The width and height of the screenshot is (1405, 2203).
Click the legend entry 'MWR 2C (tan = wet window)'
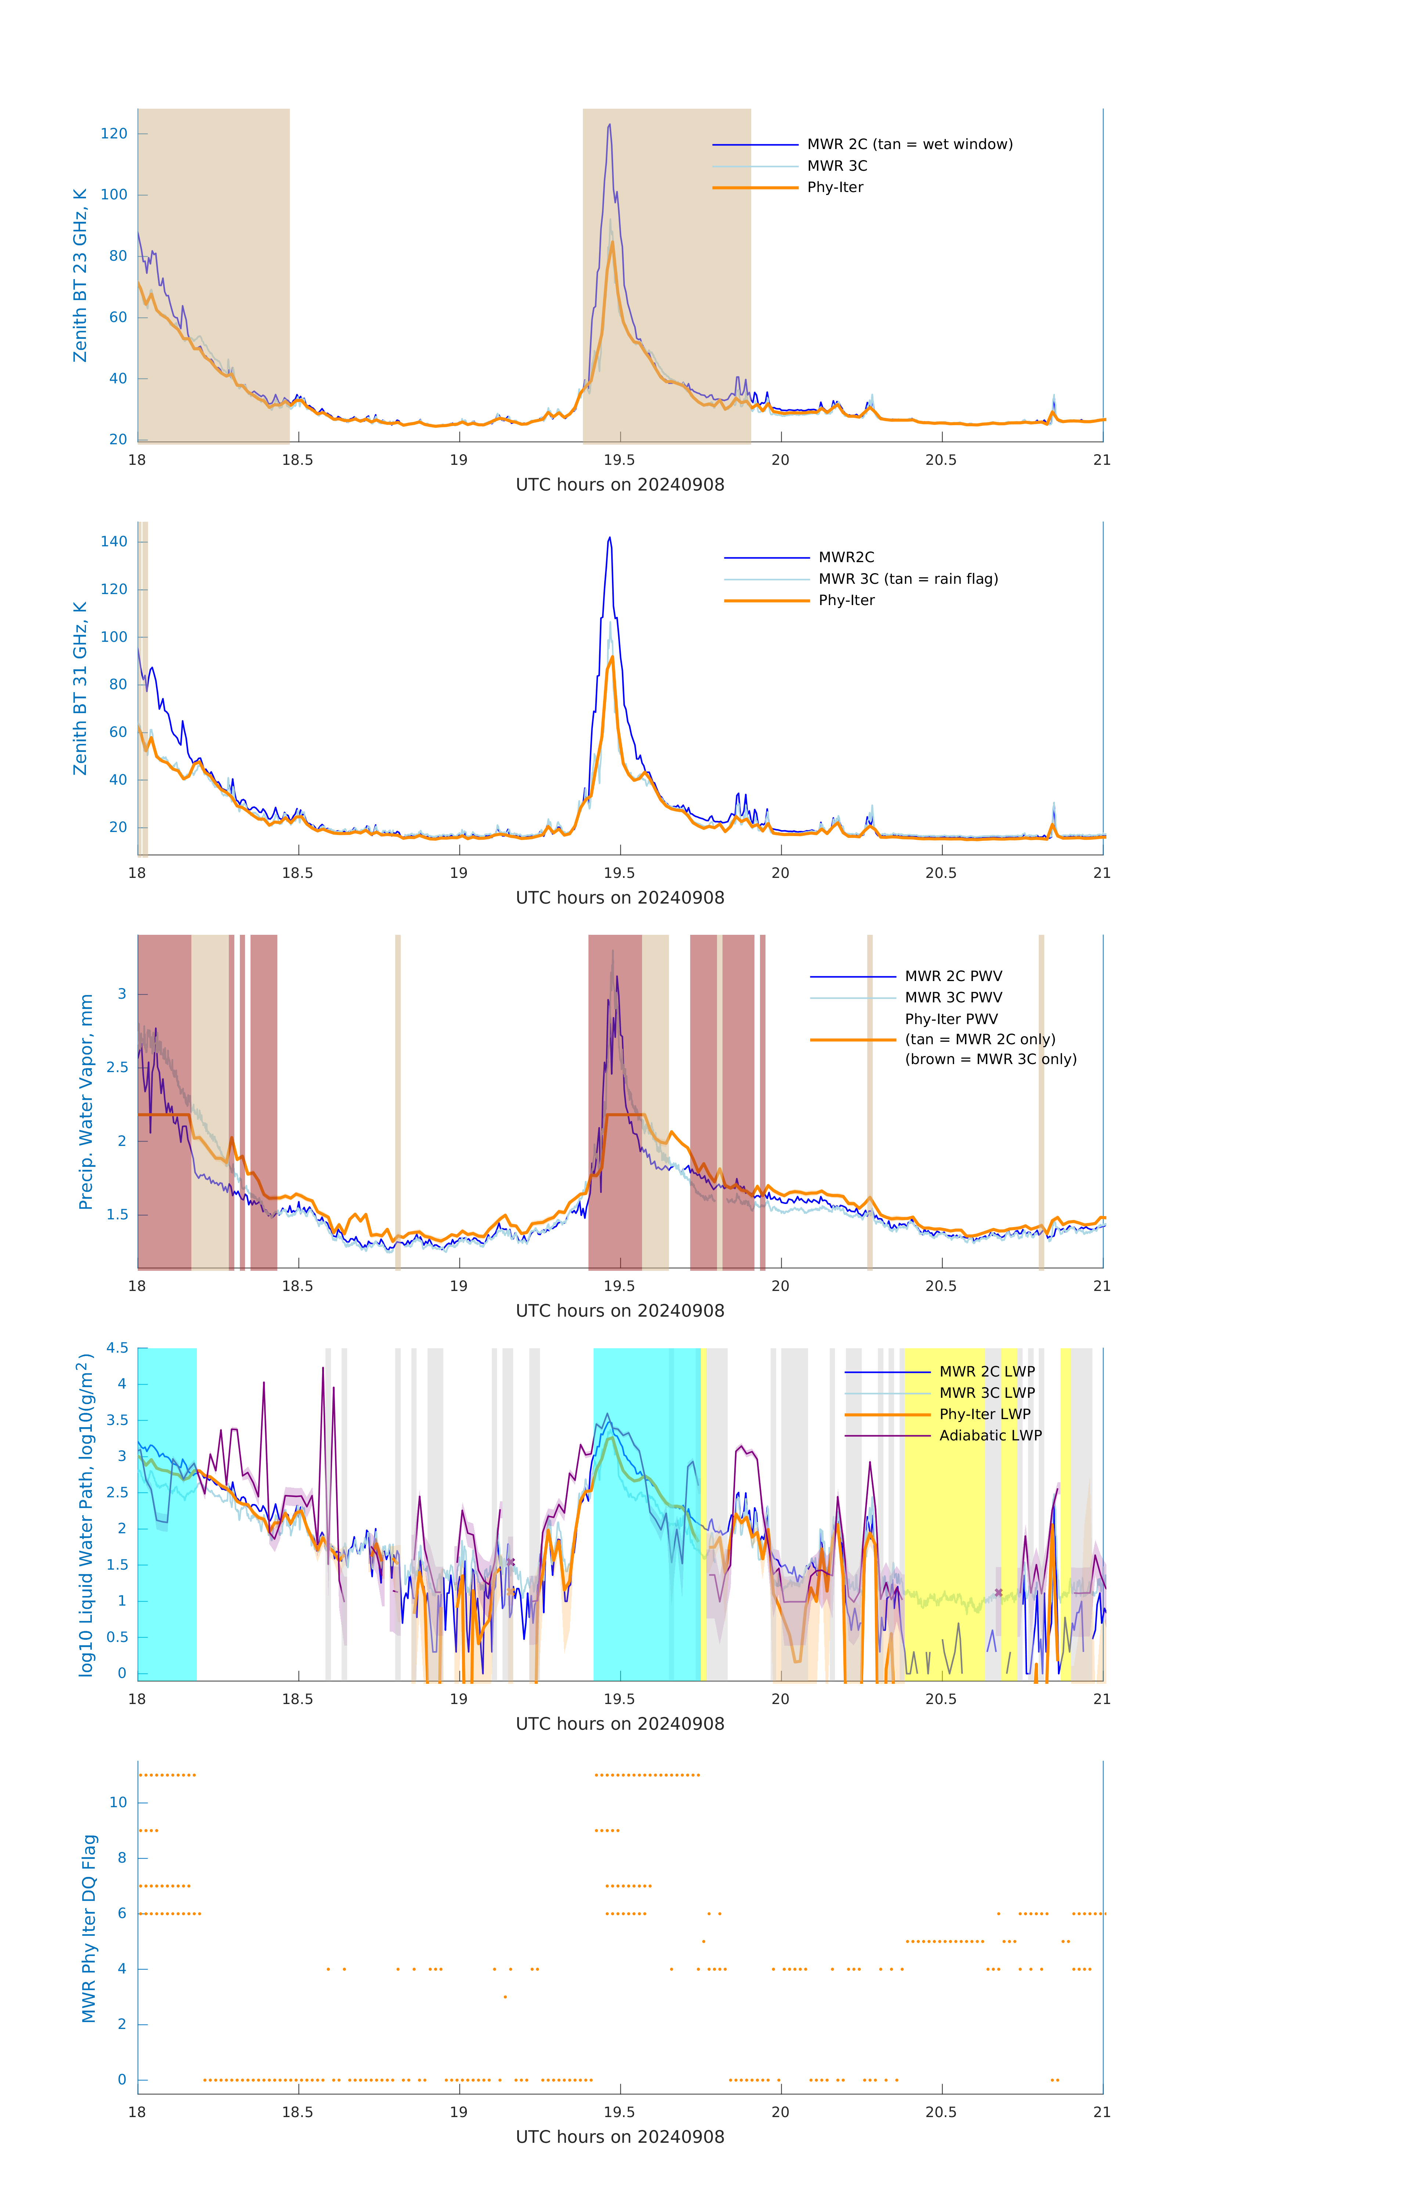(x=909, y=145)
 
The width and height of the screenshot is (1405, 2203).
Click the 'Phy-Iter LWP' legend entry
(x=984, y=1414)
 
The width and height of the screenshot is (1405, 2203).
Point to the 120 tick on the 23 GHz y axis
(x=114, y=134)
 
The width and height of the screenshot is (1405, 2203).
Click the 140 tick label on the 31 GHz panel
(x=114, y=542)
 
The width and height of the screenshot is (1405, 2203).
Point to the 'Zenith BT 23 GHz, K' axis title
(x=80, y=275)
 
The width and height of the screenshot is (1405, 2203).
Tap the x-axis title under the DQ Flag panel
(x=620, y=2137)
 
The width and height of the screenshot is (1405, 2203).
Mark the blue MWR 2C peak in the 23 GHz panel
(x=610, y=125)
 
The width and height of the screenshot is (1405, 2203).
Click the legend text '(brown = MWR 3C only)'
(x=990, y=1059)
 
